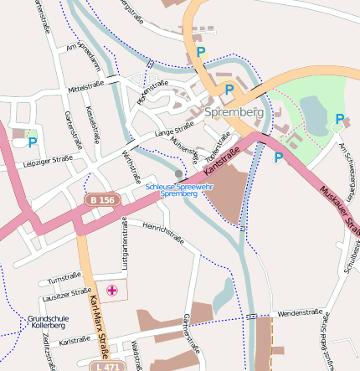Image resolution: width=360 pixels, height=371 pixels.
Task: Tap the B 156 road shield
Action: click(x=101, y=200)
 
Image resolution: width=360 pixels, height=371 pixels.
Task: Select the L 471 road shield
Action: click(x=106, y=366)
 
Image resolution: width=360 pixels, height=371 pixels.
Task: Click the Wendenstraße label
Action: click(x=300, y=312)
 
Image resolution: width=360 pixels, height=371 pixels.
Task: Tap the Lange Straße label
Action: click(x=173, y=128)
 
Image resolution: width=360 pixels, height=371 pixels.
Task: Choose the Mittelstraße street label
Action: click(x=85, y=85)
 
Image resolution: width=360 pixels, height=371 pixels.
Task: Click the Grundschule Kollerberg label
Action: click(x=47, y=322)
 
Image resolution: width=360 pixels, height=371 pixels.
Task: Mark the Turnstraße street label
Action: click(x=64, y=277)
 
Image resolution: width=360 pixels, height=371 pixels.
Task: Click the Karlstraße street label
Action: click(x=75, y=341)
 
